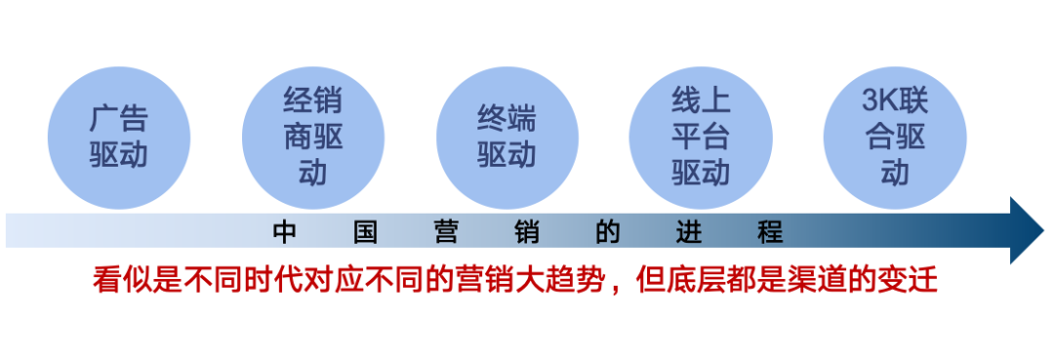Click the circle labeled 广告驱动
[118, 137]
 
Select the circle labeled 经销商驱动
[312, 137]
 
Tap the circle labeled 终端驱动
[507, 137]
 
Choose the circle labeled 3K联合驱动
[894, 137]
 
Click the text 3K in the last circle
[876, 102]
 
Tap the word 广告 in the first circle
[118, 119]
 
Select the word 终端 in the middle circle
[507, 119]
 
